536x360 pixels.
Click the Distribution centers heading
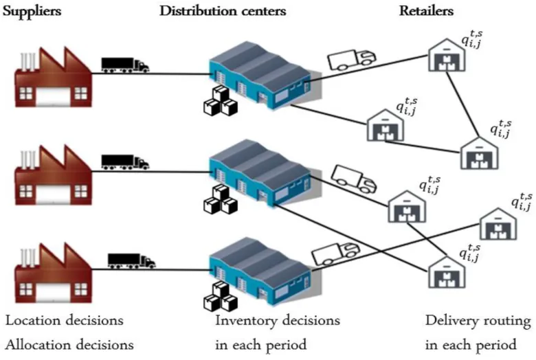(223, 12)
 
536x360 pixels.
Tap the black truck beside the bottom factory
(131, 261)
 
